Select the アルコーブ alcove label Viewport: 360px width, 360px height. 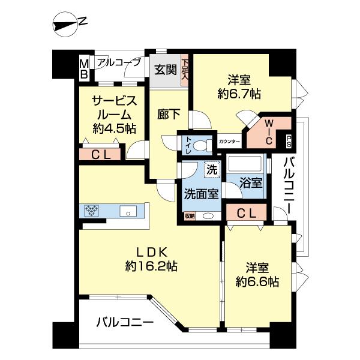(x=119, y=62)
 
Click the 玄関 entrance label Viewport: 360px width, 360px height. (x=165, y=70)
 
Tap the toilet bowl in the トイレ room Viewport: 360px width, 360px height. (x=201, y=145)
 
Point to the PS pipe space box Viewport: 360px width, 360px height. (x=289, y=141)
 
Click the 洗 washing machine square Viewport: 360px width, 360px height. (x=211, y=170)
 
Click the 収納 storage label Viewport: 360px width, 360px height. (x=190, y=215)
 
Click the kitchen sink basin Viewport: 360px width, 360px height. (x=129, y=211)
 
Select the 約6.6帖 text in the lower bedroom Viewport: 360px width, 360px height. (x=257, y=281)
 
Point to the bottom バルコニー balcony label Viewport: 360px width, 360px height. (x=125, y=322)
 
